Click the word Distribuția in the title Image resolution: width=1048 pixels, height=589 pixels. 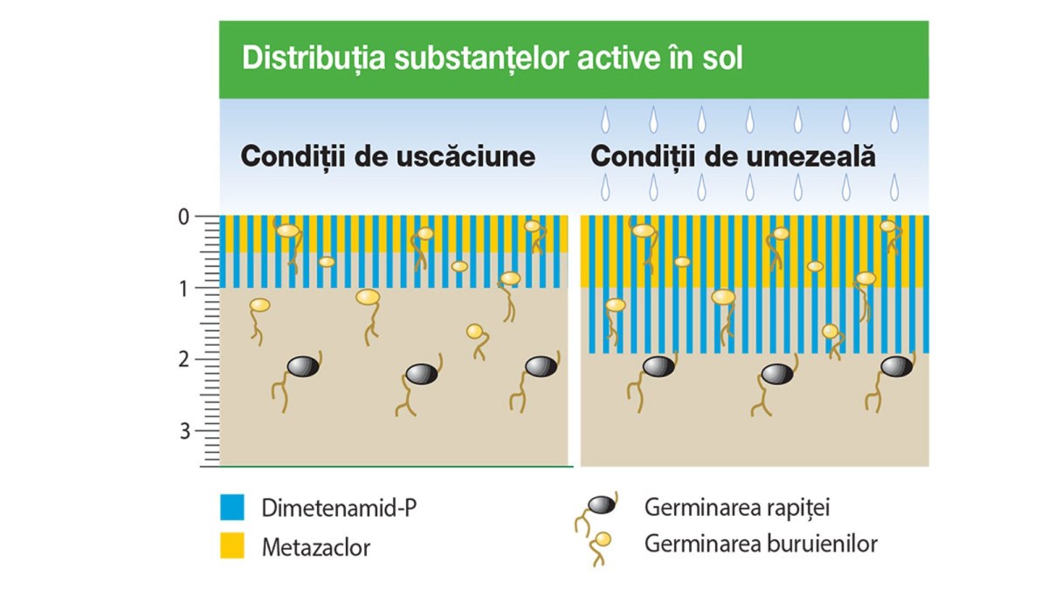click(314, 58)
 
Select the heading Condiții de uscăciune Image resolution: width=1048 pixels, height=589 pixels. click(388, 156)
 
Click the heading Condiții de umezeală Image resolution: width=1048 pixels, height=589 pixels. click(733, 156)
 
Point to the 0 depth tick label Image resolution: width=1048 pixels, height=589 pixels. click(184, 217)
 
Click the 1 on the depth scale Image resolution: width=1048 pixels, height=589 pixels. click(184, 289)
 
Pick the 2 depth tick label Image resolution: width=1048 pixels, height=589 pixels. click(184, 360)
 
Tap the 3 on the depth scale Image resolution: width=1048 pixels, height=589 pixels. click(185, 431)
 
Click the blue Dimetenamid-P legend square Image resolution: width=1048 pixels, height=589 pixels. click(232, 507)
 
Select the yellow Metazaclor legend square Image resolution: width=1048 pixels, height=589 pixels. click(232, 545)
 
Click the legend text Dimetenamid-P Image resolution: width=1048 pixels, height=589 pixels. click(339, 508)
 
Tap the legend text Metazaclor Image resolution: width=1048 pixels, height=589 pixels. click(316, 547)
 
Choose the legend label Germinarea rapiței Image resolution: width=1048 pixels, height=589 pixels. click(737, 508)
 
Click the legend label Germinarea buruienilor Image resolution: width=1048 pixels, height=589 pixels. click(762, 544)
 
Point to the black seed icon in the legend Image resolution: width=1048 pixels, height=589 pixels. click(602, 505)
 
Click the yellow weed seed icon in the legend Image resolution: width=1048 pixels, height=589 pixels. click(603, 539)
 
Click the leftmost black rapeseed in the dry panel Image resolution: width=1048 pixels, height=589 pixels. click(303, 366)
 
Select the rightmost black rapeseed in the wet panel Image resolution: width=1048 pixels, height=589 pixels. click(896, 366)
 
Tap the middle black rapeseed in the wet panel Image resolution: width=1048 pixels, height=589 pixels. click(777, 374)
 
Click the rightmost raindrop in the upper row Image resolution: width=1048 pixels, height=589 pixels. click(894, 120)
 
